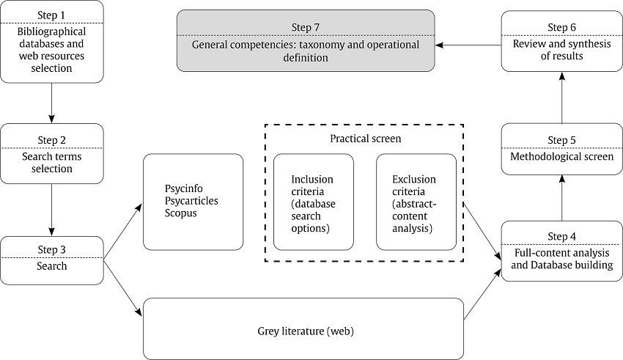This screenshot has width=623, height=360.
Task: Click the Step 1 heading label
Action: pyautogui.click(x=52, y=15)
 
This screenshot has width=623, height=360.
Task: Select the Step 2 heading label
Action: pyautogui.click(x=52, y=139)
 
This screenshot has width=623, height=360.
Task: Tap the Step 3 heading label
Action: pyautogui.click(x=52, y=250)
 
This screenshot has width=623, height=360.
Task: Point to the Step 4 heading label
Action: pyautogui.click(x=561, y=236)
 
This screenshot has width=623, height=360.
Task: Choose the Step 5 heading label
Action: pyautogui.click(x=561, y=140)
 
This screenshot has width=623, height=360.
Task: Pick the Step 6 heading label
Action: pyautogui.click(x=561, y=28)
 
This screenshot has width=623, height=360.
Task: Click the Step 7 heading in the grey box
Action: pyautogui.click(x=306, y=28)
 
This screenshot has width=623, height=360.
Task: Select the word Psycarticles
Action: pyautogui.click(x=192, y=200)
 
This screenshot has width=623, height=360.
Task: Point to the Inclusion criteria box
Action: pyautogui.click(x=312, y=203)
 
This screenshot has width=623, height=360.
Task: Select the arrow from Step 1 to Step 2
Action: pyautogui.click(x=52, y=103)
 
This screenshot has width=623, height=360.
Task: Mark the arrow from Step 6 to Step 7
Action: pyautogui.click(x=468, y=45)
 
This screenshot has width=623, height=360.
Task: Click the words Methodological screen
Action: pyautogui.click(x=561, y=156)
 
